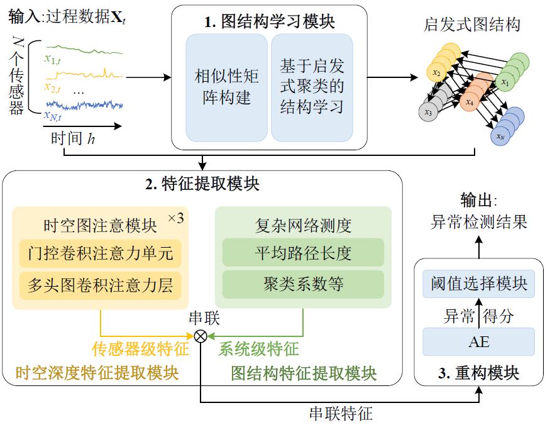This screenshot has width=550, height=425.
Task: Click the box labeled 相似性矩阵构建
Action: point(226,87)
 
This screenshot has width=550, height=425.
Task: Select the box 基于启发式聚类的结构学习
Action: point(312,87)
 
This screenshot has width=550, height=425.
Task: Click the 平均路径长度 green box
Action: point(303,253)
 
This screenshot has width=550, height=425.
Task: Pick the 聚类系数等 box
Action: point(303,285)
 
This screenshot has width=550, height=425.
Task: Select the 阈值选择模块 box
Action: point(479,284)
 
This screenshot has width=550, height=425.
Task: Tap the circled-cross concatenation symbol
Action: point(201,336)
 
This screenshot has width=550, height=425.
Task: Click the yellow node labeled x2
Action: point(436,73)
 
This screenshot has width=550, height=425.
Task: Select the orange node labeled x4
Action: point(469,101)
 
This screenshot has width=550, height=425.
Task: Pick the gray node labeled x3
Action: point(428,112)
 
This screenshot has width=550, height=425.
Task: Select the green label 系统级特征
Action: point(258,349)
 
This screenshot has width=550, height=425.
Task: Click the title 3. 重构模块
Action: point(479,373)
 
